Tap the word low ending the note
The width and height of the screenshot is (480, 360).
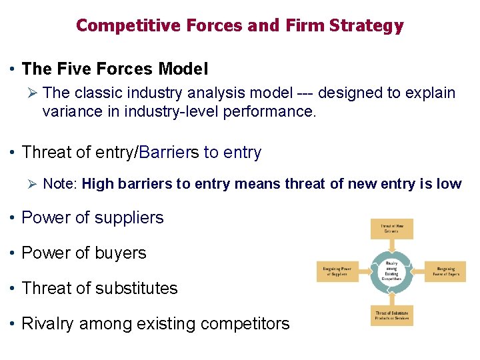[x=449, y=184]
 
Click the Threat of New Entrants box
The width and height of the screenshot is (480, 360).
[x=391, y=229]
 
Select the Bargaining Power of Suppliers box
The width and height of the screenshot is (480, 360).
[x=335, y=271]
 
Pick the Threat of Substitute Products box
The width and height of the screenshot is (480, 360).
[x=391, y=315]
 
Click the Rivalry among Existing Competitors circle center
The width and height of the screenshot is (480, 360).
[x=391, y=271]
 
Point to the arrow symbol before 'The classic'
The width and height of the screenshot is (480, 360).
[x=29, y=93]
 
